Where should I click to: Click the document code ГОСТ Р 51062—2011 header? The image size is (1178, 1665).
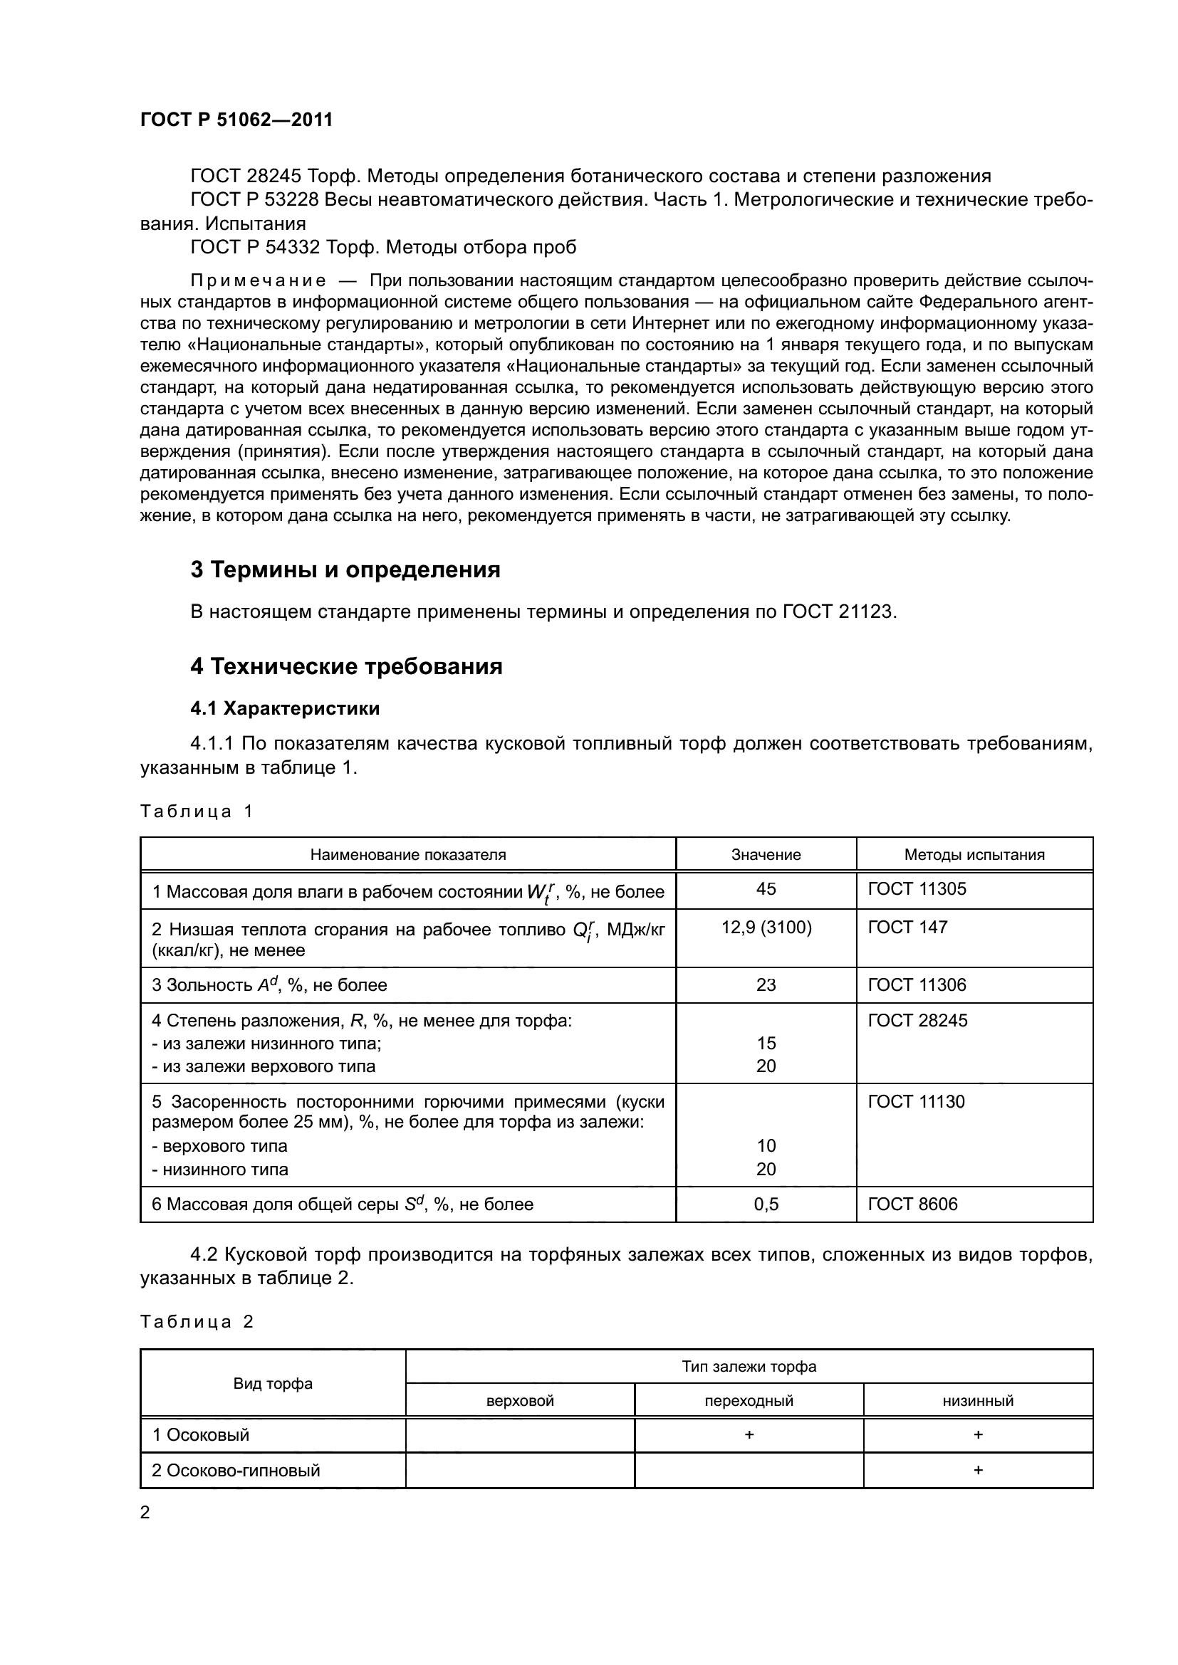pyautogui.click(x=236, y=120)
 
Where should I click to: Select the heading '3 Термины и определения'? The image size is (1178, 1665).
pyautogui.click(x=345, y=570)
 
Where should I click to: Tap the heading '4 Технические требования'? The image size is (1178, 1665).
pyautogui.click(x=346, y=666)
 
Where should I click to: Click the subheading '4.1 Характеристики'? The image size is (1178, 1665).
pyautogui.click(x=285, y=708)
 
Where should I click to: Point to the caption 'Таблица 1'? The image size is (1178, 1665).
pyautogui.click(x=196, y=811)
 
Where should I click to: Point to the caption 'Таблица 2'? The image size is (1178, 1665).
pyautogui.click(x=196, y=1321)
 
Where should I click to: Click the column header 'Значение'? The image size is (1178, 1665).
pyautogui.click(x=766, y=854)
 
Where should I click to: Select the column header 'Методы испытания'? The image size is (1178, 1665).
pyautogui.click(x=974, y=854)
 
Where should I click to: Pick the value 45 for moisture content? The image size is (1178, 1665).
pyautogui.click(x=766, y=889)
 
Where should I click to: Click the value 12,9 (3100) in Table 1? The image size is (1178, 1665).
pyautogui.click(x=766, y=927)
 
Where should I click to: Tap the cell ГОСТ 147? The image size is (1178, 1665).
pyautogui.click(x=907, y=927)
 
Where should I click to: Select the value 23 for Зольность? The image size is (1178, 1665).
pyautogui.click(x=766, y=984)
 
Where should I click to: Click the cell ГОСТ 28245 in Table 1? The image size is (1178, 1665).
pyautogui.click(x=917, y=1020)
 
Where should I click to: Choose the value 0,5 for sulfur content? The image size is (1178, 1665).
pyautogui.click(x=766, y=1204)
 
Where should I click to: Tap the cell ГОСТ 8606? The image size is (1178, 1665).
pyautogui.click(x=912, y=1204)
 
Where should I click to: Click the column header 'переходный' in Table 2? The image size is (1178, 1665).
pyautogui.click(x=749, y=1400)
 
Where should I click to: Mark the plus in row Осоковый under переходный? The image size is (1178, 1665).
pyautogui.click(x=749, y=1434)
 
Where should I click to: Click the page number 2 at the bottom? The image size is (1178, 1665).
pyautogui.click(x=145, y=1512)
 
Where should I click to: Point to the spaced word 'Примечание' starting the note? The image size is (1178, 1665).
pyautogui.click(x=258, y=280)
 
